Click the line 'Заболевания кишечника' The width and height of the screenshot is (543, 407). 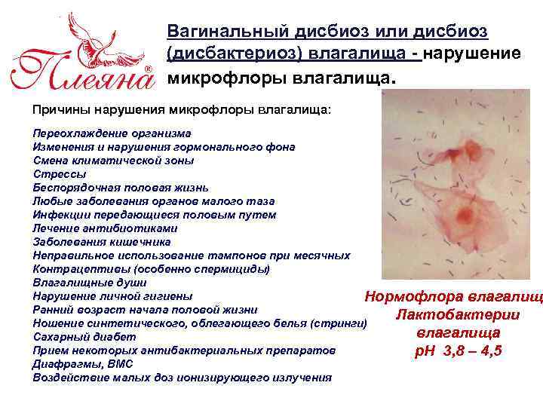(102, 242)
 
